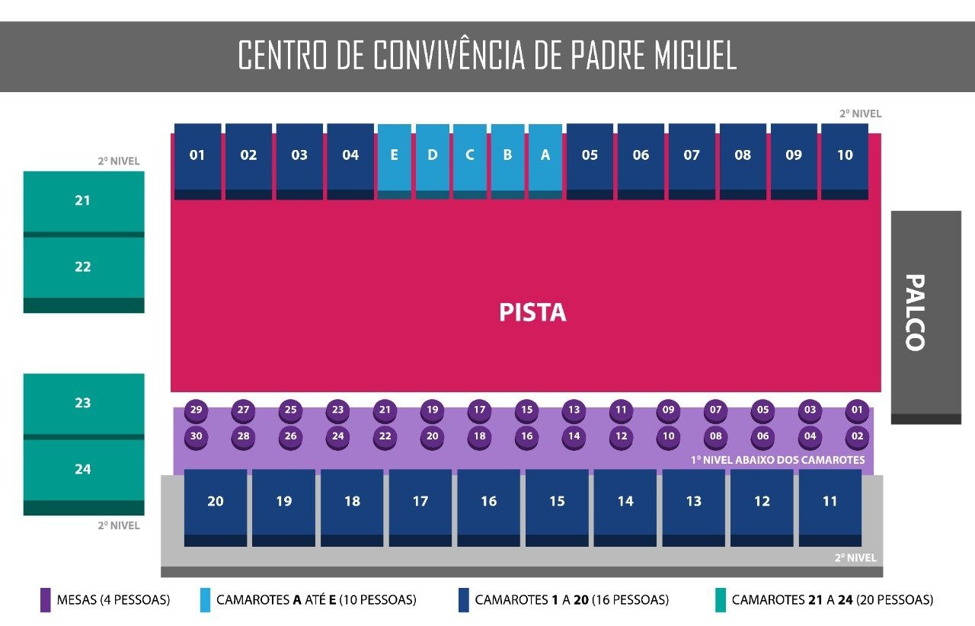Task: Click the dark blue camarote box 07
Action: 692,161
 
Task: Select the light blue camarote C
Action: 470,161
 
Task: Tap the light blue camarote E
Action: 394,161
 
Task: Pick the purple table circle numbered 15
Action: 526,410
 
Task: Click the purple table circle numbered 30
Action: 196,437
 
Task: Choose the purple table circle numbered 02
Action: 857,437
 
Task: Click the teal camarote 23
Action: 84,406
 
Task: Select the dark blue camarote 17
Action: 420,508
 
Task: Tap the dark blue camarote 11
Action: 830,508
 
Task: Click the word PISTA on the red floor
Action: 532,312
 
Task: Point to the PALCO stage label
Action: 915,312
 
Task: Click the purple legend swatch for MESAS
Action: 45,600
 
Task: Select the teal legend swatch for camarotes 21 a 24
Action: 721,600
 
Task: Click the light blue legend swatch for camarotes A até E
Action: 205,600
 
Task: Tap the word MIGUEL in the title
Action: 695,55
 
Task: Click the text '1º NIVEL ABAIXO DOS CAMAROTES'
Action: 778,460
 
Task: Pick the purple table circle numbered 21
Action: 385,410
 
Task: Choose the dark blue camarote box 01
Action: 197,161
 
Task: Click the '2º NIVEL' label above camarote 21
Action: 118,161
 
